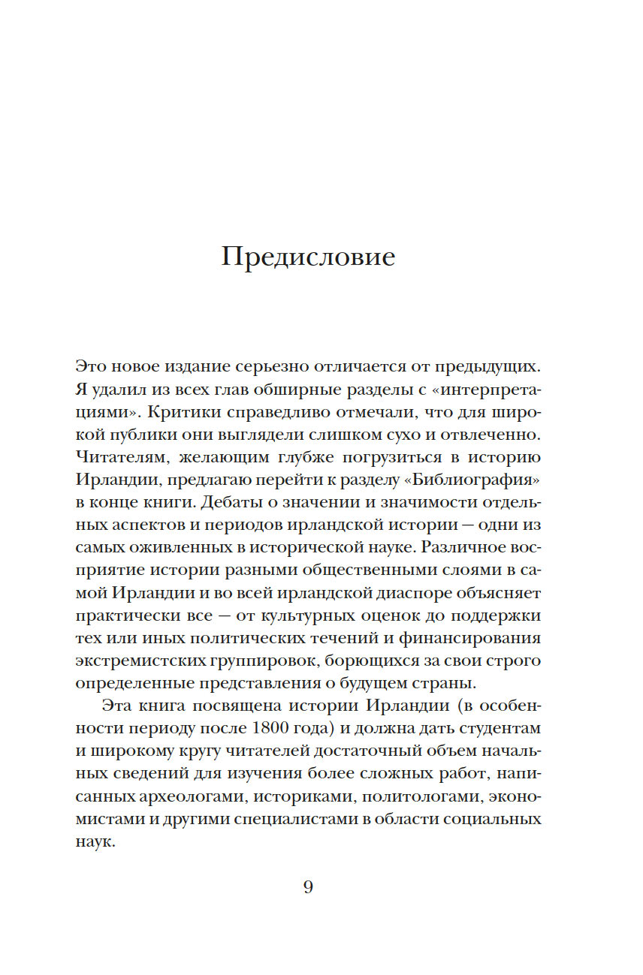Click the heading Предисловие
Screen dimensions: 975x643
[308, 257]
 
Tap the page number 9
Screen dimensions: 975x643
[308, 887]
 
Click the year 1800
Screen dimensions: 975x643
[276, 729]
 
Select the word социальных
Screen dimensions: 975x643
[492, 819]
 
